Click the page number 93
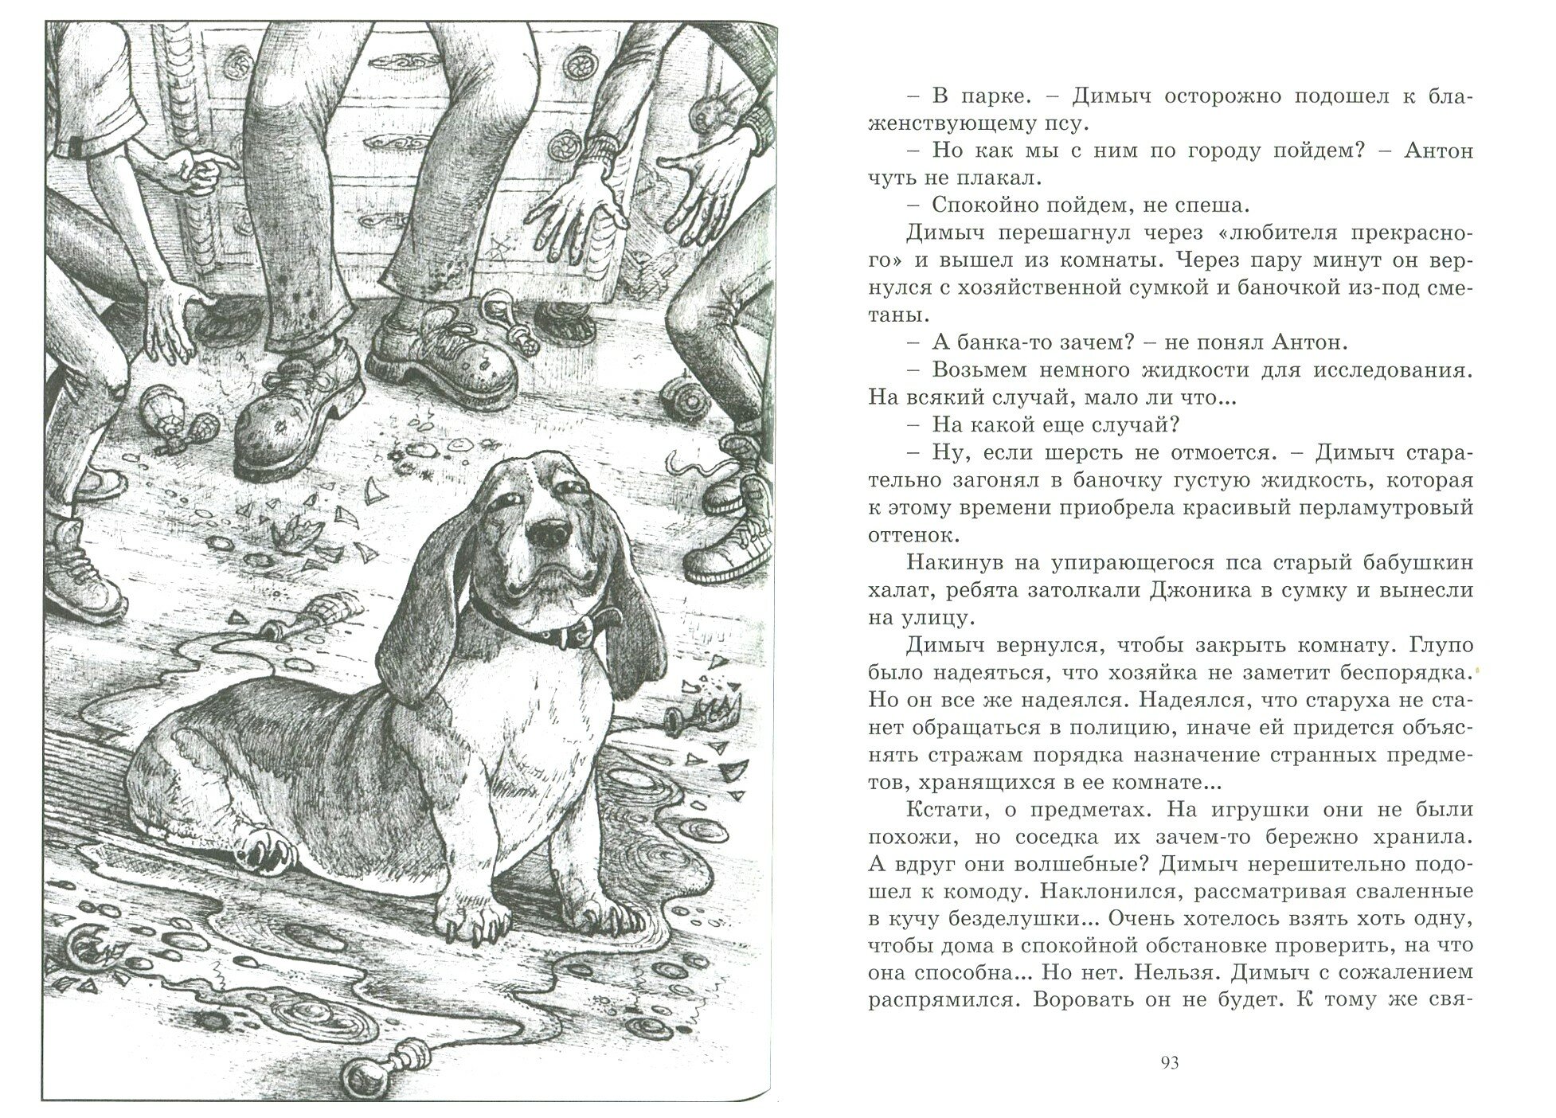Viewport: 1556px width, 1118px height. [1170, 1062]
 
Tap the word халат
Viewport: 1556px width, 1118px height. [903, 590]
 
